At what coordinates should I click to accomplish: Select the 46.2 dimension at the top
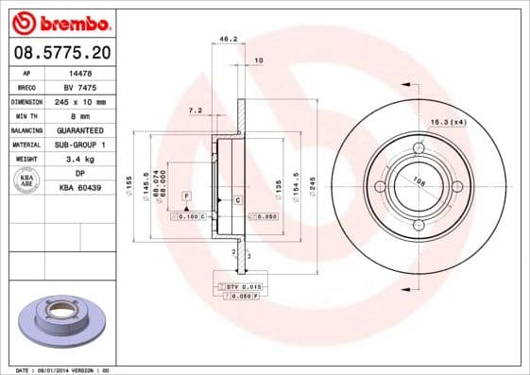[228, 40]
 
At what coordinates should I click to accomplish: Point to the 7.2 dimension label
[196, 111]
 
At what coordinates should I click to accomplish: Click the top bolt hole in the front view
[418, 147]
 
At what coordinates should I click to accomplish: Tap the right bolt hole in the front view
[457, 186]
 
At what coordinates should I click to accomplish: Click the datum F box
[187, 194]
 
